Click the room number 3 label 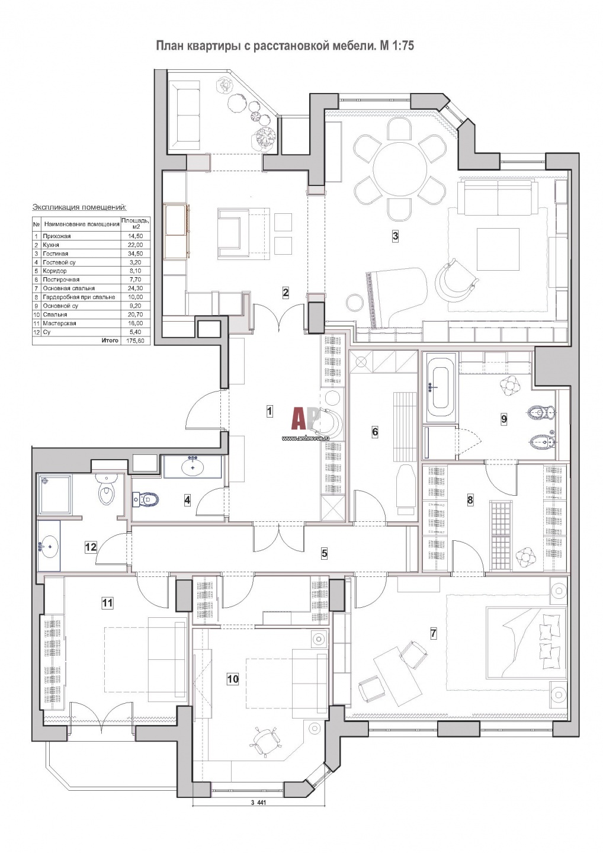(x=395, y=236)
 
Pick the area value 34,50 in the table (x=136, y=254)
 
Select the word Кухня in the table (x=51, y=245)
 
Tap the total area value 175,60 (x=135, y=341)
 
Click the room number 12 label (x=91, y=547)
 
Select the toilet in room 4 (x=146, y=499)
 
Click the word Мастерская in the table (x=59, y=323)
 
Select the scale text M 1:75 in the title (x=396, y=46)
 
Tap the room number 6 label (x=374, y=432)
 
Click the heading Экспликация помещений (x=79, y=207)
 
